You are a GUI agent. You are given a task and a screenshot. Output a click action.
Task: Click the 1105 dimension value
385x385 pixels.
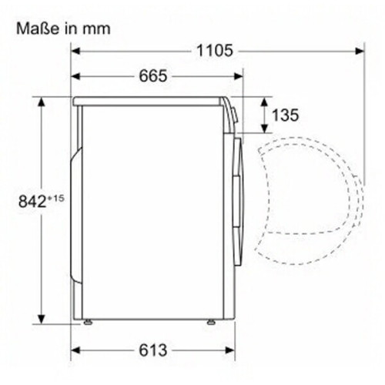pyautogui.click(x=215, y=51)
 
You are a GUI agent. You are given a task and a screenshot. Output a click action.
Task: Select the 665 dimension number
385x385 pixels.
pyautogui.click(x=153, y=76)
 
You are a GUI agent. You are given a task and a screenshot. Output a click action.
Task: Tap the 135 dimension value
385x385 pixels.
pyautogui.click(x=285, y=115)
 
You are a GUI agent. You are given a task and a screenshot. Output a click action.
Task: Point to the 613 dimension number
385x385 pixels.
pyautogui.click(x=153, y=350)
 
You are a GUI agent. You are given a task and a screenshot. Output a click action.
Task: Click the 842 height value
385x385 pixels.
pyautogui.click(x=32, y=201)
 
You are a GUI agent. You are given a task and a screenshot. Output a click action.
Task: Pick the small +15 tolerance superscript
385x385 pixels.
pyautogui.click(x=55, y=198)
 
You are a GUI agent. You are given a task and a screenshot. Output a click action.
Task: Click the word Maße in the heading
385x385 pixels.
pyautogui.click(x=38, y=28)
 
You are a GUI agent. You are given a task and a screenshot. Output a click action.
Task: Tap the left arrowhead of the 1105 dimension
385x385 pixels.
pyautogui.click(x=75, y=51)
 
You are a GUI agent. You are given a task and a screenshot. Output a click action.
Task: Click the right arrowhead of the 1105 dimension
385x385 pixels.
pyautogui.click(x=360, y=51)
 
